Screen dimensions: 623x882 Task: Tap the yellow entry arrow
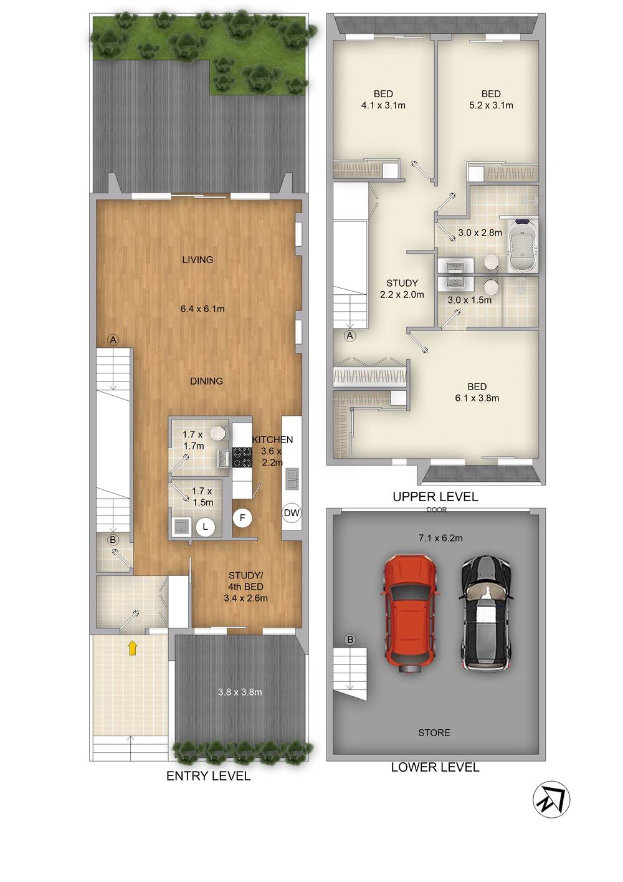coord(133,648)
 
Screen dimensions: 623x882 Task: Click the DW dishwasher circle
coord(292,512)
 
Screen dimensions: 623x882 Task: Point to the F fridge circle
coord(242,518)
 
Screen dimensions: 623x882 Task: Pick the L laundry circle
coord(205,526)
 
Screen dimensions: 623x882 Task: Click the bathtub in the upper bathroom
coord(523,246)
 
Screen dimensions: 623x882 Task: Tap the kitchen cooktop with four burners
coord(242,457)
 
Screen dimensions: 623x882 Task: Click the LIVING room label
coord(197,259)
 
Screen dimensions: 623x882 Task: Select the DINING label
coord(206,381)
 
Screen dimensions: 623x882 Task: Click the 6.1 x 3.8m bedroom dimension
coord(477,398)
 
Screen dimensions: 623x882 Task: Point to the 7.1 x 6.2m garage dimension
coord(440,538)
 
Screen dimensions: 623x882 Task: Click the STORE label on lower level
coord(434,732)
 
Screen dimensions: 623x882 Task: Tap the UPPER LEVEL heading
coord(435,497)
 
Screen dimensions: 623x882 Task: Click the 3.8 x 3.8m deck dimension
coord(240,691)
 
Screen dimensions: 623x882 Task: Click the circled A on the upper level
coord(350,336)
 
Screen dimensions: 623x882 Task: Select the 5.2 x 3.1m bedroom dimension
coord(491,105)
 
